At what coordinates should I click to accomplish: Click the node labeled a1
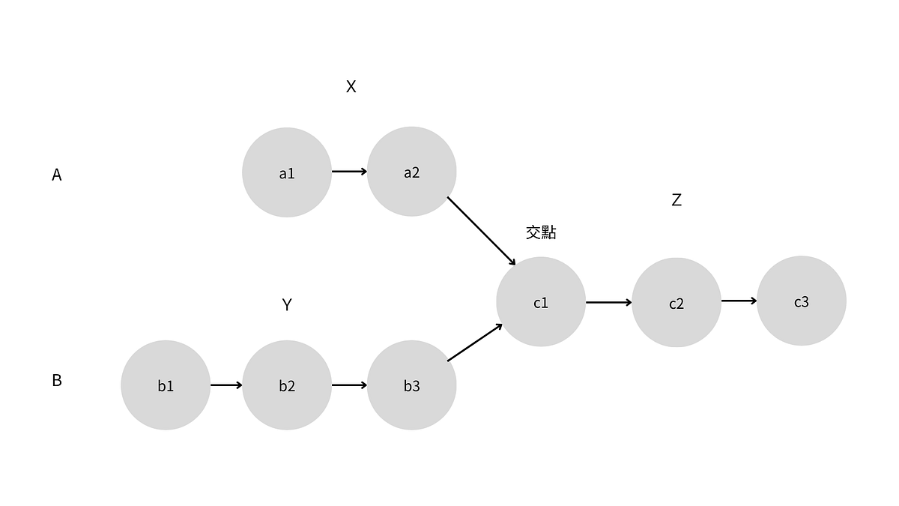(287, 172)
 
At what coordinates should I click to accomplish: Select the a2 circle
(411, 172)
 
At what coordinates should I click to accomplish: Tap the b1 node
(166, 385)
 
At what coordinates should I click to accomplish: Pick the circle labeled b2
(287, 385)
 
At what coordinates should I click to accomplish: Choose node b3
(411, 385)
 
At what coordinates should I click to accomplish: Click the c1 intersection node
(541, 302)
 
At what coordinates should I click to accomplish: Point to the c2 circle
(676, 303)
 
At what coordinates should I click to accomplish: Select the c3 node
(802, 301)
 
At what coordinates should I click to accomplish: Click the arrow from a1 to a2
(349, 172)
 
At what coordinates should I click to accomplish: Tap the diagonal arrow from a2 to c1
(482, 231)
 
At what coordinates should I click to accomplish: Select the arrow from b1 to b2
(226, 385)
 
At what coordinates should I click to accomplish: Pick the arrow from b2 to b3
(349, 385)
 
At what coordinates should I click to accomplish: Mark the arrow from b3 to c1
(475, 343)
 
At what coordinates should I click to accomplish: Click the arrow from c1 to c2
(608, 303)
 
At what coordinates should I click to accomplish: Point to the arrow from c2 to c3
(739, 301)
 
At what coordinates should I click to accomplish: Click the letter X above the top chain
(351, 87)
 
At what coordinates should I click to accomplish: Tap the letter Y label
(287, 304)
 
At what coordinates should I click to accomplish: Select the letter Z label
(676, 200)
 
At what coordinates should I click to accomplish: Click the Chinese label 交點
(541, 232)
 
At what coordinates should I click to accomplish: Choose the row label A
(57, 175)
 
